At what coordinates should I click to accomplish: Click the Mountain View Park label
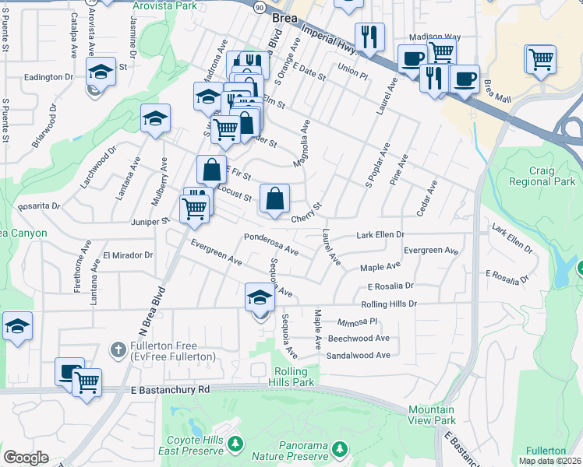pos(431,415)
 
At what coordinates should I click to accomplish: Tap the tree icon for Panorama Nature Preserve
pos(339,448)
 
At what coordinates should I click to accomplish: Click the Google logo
pos(26,457)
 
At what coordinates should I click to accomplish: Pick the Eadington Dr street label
pos(48,77)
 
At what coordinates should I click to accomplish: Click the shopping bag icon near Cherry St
pos(274,198)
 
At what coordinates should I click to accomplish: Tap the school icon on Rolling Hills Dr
pos(260,297)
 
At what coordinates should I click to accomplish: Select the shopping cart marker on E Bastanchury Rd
pos(87,382)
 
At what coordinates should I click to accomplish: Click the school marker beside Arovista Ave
pos(101,72)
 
